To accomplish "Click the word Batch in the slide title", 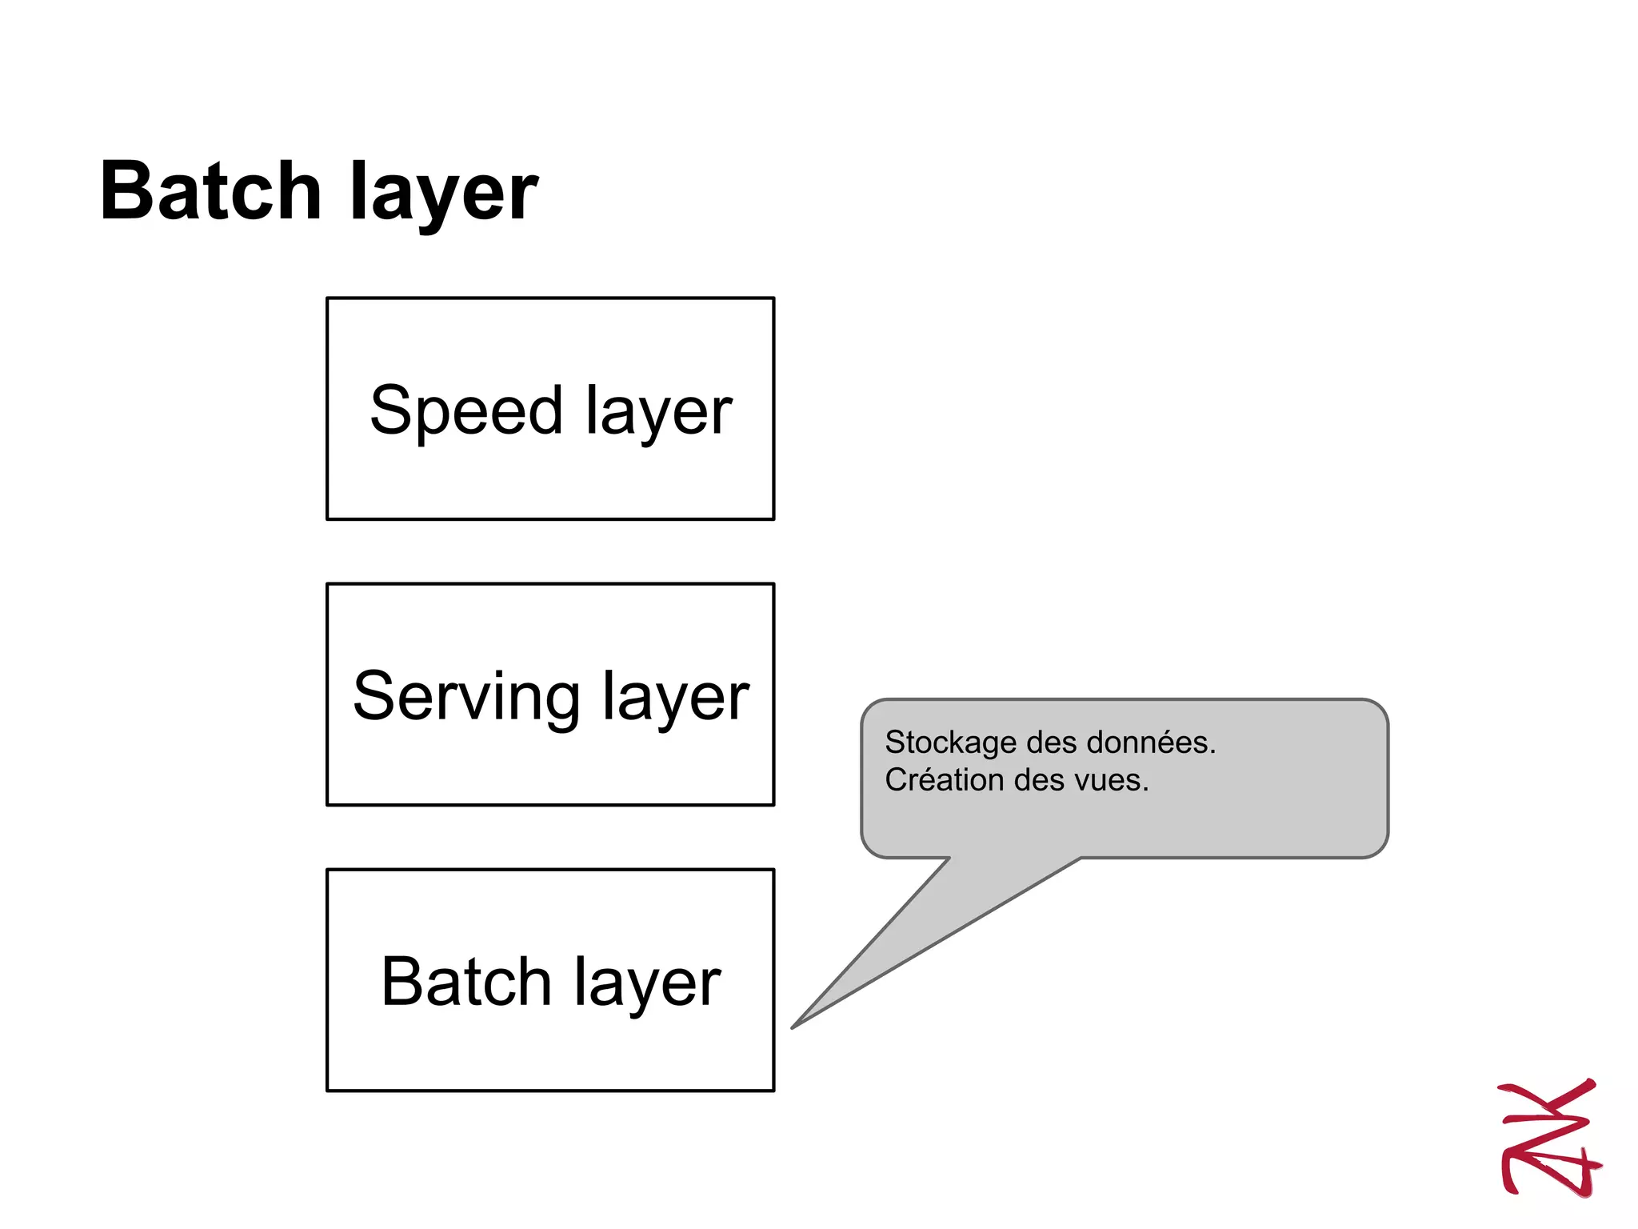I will tap(210, 192).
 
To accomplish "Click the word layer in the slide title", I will tap(444, 196).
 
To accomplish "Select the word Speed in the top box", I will tap(466, 410).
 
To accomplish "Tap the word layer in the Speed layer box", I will tap(658, 413).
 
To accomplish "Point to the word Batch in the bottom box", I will tap(465, 982).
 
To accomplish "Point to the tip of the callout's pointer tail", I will tap(793, 1027).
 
